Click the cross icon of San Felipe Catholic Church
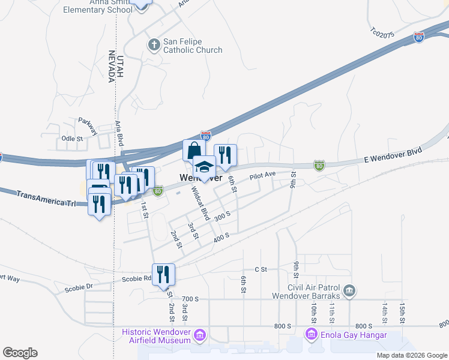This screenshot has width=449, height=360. [154, 44]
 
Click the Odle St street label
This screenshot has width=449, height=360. [73, 139]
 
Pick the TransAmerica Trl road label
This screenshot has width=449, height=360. [46, 199]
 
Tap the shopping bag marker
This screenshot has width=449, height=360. [194, 150]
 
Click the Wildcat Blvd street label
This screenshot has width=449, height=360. [199, 203]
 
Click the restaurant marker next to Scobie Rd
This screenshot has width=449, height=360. [163, 275]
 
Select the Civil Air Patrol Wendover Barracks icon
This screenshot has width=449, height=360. [350, 292]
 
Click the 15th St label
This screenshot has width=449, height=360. [403, 312]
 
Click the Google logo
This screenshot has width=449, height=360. [20, 353]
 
